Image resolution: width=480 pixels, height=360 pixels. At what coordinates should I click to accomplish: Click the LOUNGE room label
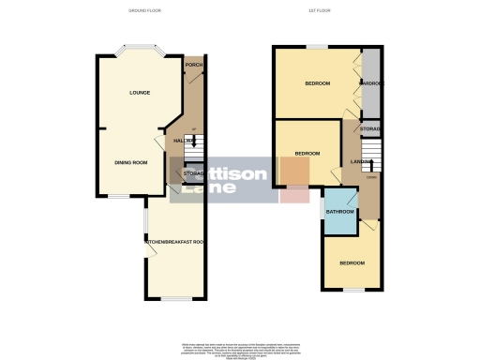pos(140,93)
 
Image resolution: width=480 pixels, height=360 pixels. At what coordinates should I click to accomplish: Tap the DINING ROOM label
pos(132,162)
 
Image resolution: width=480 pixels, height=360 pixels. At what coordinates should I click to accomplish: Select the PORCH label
pos(194,65)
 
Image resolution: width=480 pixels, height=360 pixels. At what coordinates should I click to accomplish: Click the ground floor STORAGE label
pos(193,173)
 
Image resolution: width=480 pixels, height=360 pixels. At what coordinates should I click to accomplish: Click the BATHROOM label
pos(339,212)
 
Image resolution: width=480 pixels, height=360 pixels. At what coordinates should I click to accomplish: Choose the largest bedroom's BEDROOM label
pos(317,84)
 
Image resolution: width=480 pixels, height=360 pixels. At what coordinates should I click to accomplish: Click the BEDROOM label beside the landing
pos(307,153)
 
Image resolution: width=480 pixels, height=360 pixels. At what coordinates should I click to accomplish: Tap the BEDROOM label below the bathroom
pos(352,263)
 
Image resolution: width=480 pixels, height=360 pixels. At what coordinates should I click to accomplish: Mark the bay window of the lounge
pos(137,49)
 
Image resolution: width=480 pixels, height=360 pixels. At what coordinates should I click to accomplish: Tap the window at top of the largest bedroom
pos(317,46)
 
